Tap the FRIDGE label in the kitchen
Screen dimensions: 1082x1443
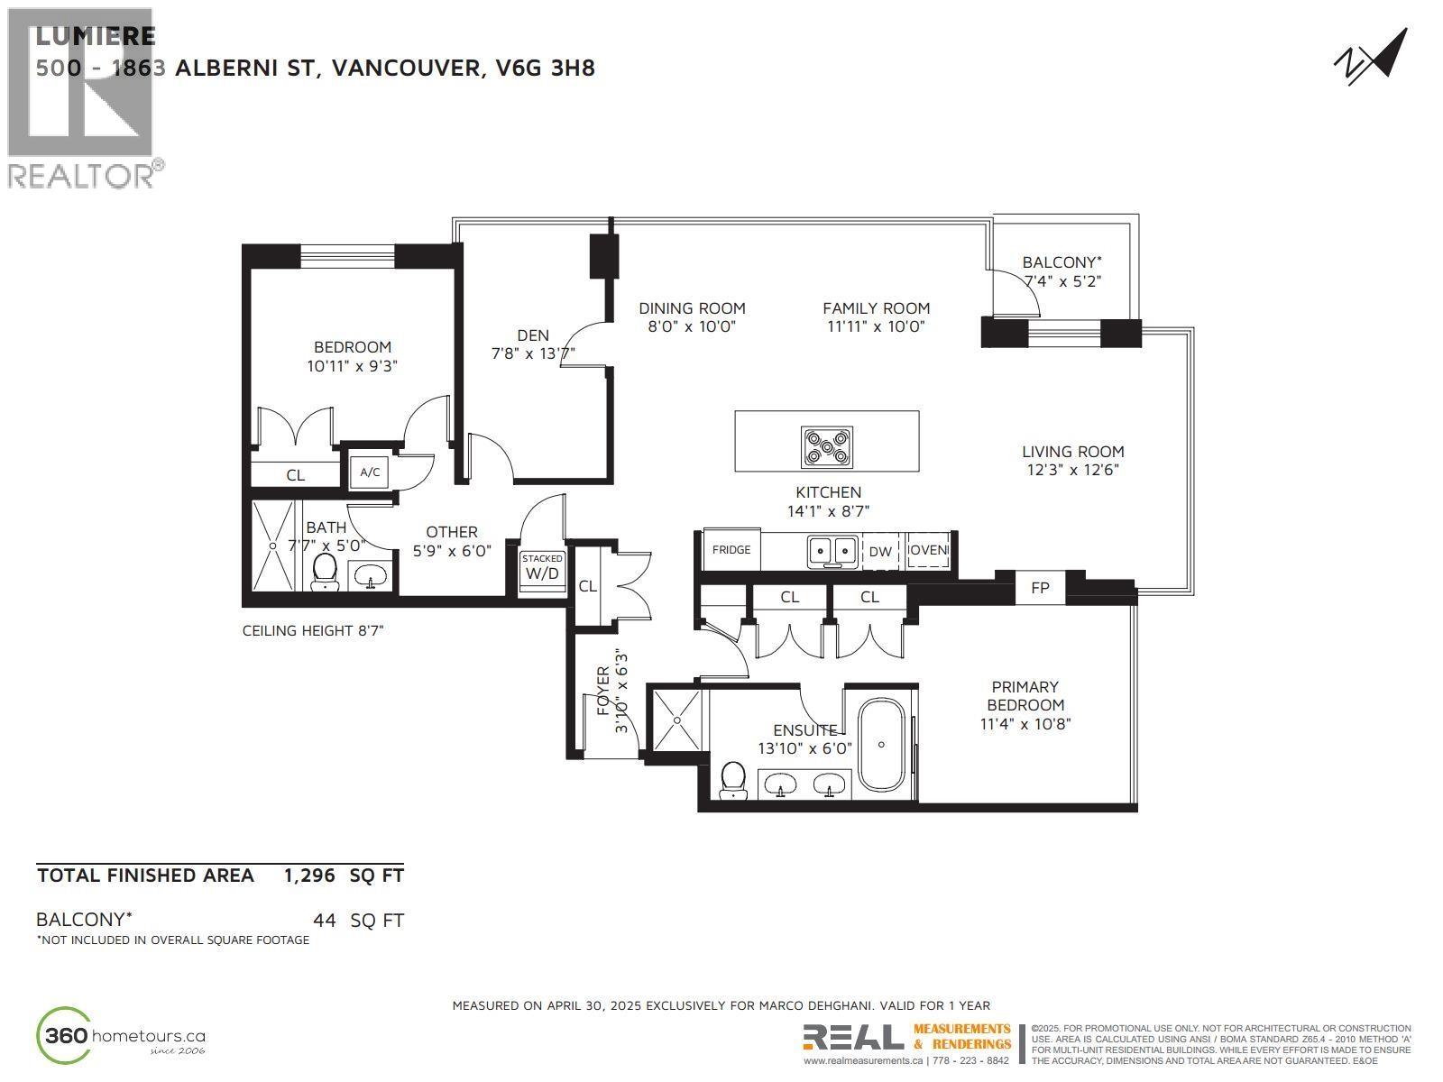pyautogui.click(x=731, y=549)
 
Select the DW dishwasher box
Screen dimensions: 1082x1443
pyautogui.click(x=880, y=551)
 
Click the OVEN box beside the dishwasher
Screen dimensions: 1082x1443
pyautogui.click(x=928, y=550)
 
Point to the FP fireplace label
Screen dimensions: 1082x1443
pyautogui.click(x=1040, y=588)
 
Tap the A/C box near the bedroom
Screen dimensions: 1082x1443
pyautogui.click(x=370, y=472)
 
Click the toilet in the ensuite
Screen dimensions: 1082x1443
pyautogui.click(x=733, y=779)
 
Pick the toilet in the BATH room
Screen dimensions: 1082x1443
pyautogui.click(x=325, y=571)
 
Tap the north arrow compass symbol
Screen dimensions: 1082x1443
pyautogui.click(x=1370, y=57)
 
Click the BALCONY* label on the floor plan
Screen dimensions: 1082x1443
pyautogui.click(x=1062, y=262)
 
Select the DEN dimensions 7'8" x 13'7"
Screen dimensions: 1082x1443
pyautogui.click(x=533, y=354)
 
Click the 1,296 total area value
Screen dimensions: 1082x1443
pyautogui.click(x=309, y=876)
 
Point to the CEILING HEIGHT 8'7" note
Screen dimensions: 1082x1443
pyautogui.click(x=313, y=630)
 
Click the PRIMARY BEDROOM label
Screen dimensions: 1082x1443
pyautogui.click(x=1025, y=695)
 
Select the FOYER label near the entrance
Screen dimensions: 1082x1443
pyautogui.click(x=603, y=691)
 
